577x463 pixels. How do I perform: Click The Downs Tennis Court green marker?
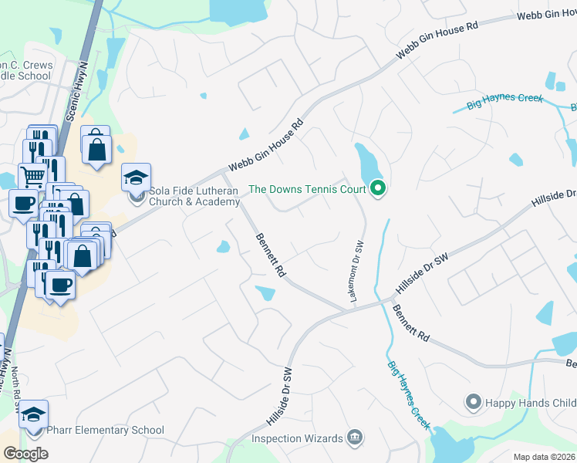coord(377,188)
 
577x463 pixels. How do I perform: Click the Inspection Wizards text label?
coord(297,438)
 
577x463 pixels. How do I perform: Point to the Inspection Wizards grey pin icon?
coord(354,438)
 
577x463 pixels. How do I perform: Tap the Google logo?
coord(25,454)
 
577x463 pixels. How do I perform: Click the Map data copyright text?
coord(545,457)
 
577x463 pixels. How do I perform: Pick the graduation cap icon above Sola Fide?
coord(136,177)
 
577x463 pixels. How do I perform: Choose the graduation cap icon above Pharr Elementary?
coord(33,414)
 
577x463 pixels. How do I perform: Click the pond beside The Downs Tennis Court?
coord(368,164)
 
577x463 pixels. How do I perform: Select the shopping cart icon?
coord(32,177)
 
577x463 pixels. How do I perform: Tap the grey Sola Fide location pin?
coord(137,196)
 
